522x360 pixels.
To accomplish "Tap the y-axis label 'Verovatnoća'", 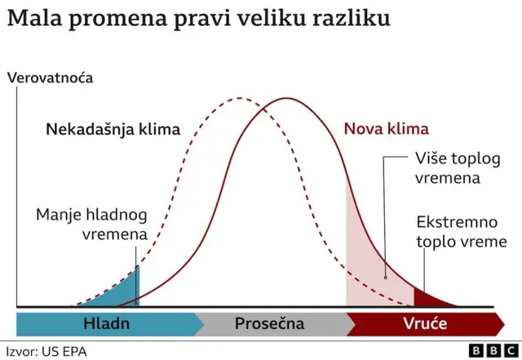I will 49,78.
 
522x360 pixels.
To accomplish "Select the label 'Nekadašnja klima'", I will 113,129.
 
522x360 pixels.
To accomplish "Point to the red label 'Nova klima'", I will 386,129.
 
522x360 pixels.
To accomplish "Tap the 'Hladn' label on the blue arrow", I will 106,323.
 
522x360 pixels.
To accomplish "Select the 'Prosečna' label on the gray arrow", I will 269,323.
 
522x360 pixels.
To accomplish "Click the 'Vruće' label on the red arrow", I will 425,323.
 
